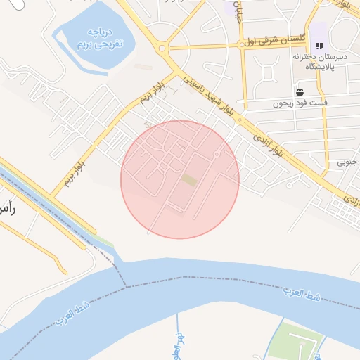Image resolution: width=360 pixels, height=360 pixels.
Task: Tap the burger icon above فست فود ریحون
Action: point(300,92)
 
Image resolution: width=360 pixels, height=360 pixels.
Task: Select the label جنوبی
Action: point(347,162)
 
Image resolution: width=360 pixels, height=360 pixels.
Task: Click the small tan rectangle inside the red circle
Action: point(188,180)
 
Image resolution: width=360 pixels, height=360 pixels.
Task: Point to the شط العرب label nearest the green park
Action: point(302,294)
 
